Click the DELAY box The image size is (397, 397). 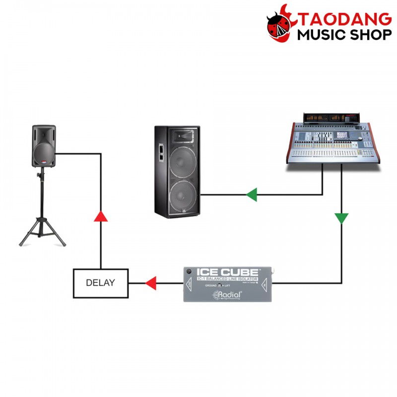pos(101,283)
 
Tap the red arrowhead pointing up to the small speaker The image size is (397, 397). pos(101,215)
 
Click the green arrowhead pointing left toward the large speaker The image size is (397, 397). pos(252,194)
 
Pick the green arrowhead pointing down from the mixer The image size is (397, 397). pos(341,218)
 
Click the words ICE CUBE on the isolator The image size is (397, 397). pos(228,272)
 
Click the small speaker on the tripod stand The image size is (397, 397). pos(44,146)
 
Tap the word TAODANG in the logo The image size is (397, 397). pos(346,20)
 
